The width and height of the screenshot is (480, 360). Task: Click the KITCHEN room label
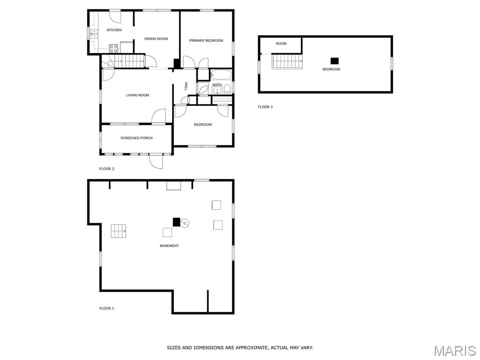[x=114, y=30]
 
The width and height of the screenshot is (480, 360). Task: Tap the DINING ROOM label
[x=156, y=38]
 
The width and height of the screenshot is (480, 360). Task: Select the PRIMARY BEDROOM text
[x=206, y=40]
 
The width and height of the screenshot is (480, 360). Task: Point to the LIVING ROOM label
[x=137, y=95]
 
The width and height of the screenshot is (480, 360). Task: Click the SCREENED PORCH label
[x=136, y=138]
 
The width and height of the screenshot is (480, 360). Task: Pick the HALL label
[x=186, y=87]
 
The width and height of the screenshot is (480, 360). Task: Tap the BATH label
[x=217, y=85]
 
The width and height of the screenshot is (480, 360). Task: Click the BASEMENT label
[x=169, y=246]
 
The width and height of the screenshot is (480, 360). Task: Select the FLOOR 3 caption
[x=265, y=107]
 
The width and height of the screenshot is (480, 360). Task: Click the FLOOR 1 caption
[x=106, y=308]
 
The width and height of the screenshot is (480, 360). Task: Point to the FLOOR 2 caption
[x=107, y=169]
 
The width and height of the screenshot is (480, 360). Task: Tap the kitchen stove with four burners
[x=113, y=48]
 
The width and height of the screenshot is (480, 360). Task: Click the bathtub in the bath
[x=221, y=75]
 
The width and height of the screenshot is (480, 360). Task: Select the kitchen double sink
[x=94, y=34]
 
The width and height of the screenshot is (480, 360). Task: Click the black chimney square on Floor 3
[x=335, y=61]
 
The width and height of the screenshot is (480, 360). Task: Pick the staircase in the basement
[x=119, y=231]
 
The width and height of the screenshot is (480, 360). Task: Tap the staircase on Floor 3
[x=287, y=61]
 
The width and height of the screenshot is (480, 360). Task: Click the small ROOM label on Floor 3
[x=281, y=44]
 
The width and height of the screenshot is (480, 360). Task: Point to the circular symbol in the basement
[x=185, y=223]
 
